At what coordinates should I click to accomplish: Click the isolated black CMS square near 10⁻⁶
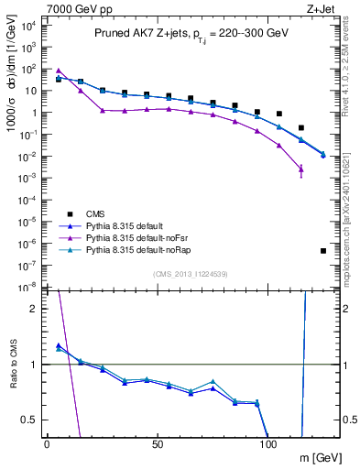(323, 251)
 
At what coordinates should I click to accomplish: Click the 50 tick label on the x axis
(158, 443)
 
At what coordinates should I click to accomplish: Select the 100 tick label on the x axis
(268, 443)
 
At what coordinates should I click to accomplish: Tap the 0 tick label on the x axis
(47, 443)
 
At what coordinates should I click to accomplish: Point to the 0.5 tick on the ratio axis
(29, 420)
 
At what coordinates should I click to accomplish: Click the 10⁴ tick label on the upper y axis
(27, 25)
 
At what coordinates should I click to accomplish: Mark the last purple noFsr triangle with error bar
(301, 169)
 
